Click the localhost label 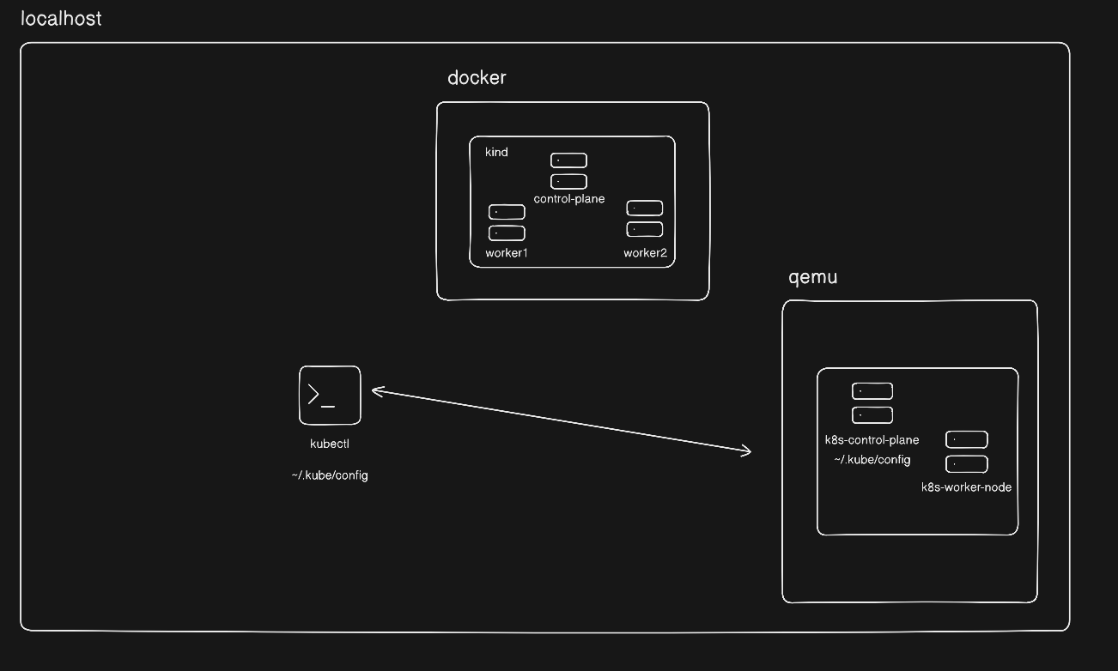click(61, 18)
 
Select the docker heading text click(477, 78)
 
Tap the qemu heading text click(812, 278)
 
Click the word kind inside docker click(496, 152)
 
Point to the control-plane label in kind click(568, 199)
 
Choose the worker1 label click(507, 252)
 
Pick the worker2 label click(645, 252)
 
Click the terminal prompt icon click(330, 395)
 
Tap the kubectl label click(330, 444)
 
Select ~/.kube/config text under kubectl click(330, 475)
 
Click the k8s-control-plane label click(872, 440)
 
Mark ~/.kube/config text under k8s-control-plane click(872, 460)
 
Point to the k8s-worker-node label click(966, 487)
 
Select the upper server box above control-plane click(568, 160)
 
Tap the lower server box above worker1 click(507, 233)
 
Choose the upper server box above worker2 click(644, 208)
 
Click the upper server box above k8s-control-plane click(872, 391)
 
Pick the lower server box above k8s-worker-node click(966, 464)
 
